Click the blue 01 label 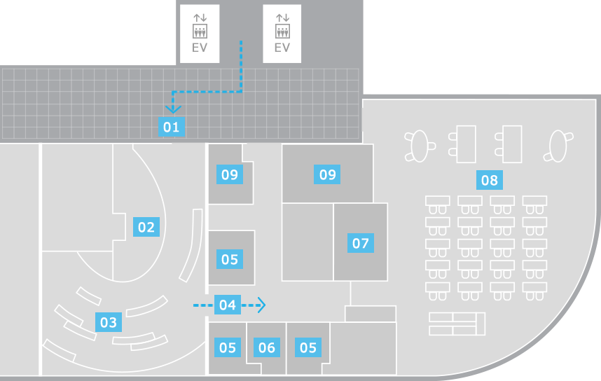pyautogui.click(x=172, y=127)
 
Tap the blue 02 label pyautogui.click(x=146, y=227)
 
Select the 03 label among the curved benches pyautogui.click(x=109, y=322)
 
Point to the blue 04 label pyautogui.click(x=227, y=305)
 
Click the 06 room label pyautogui.click(x=267, y=347)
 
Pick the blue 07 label pyautogui.click(x=360, y=243)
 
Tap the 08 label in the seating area pyautogui.click(x=490, y=180)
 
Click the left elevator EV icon pyautogui.click(x=200, y=34)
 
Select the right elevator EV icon pyautogui.click(x=282, y=34)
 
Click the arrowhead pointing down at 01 pyautogui.click(x=173, y=109)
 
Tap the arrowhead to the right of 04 pyautogui.click(x=261, y=305)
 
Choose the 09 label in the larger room pyautogui.click(x=327, y=174)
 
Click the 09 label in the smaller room pyautogui.click(x=230, y=174)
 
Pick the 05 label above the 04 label pyautogui.click(x=230, y=259)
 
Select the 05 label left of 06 pyautogui.click(x=227, y=347)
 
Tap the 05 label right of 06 pyautogui.click(x=308, y=347)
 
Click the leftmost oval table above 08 pyautogui.click(x=420, y=146)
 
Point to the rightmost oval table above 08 pyautogui.click(x=558, y=146)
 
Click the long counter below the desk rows pyautogui.click(x=457, y=324)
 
